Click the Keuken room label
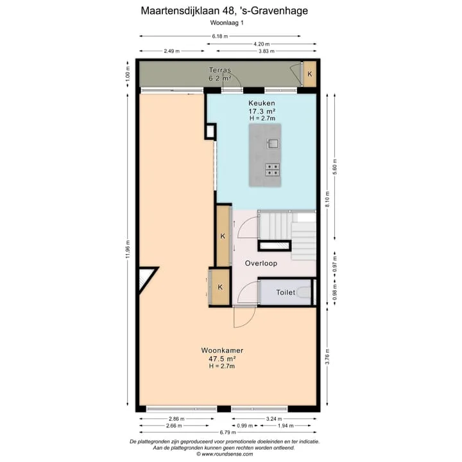262,103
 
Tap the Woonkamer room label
222,350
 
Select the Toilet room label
286,293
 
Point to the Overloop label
261,263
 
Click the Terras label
220,70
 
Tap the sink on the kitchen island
273,144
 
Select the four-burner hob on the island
273,169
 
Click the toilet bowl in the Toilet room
304,293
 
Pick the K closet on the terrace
310,74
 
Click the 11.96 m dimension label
128,249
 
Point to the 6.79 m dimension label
228,432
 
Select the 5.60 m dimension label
335,167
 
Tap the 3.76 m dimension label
327,357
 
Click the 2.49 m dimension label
172,51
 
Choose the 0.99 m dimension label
245,425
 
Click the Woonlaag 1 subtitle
227,22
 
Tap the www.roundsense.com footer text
227,454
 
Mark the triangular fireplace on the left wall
146,278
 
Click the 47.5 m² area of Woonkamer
222,359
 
